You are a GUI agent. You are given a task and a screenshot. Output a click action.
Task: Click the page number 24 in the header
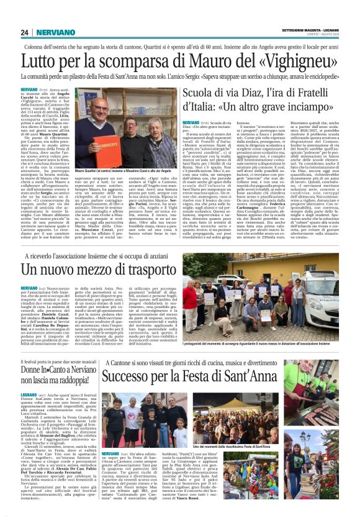pyautogui.click(x=24, y=32)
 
